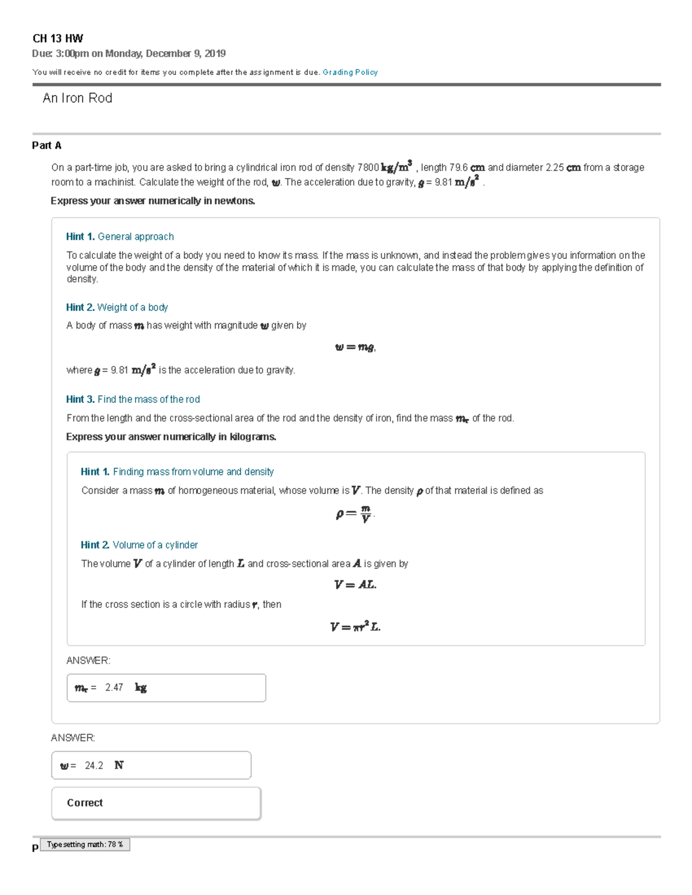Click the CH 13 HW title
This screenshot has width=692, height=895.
(x=58, y=39)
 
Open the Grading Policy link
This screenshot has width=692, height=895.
(x=350, y=72)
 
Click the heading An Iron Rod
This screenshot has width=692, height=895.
(x=77, y=98)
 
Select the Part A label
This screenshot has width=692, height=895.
(x=47, y=145)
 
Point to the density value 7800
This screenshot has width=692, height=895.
(x=368, y=168)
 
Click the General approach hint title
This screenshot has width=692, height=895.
(x=136, y=236)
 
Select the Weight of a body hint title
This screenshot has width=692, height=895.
(x=133, y=307)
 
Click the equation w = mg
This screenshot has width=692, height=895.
(x=355, y=347)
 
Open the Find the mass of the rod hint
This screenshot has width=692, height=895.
(x=148, y=399)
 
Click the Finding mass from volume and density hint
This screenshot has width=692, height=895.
(x=193, y=471)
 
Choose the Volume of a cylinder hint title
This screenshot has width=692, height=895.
(x=155, y=545)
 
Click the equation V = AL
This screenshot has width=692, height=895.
(x=355, y=584)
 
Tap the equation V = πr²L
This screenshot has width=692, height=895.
(x=355, y=626)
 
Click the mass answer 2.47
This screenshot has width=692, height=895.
(x=114, y=688)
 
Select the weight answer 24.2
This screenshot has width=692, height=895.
(x=94, y=765)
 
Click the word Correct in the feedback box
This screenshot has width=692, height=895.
(x=85, y=803)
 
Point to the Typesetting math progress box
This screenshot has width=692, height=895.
(x=85, y=844)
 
